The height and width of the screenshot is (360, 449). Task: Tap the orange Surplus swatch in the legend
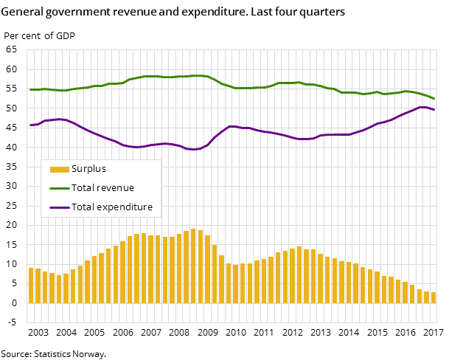pos(59,169)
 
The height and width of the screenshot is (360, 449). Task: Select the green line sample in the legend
pos(59,188)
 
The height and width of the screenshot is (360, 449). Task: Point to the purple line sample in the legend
pos(59,207)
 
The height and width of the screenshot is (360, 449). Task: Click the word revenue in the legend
pos(115,188)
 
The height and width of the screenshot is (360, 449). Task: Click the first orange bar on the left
pos(31,285)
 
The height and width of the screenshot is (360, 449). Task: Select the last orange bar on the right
pos(434,297)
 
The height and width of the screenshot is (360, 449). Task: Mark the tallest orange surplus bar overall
pos(193,266)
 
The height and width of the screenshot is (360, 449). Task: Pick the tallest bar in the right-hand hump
pos(299,274)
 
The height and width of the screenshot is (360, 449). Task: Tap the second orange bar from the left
pos(38,286)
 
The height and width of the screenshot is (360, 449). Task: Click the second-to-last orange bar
pos(426,297)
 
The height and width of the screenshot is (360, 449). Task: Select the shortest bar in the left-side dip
pos(59,289)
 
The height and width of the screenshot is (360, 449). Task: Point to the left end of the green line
pos(30,89)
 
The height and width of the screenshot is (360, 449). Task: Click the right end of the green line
pos(434,99)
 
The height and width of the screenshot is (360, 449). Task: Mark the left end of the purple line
pos(30,125)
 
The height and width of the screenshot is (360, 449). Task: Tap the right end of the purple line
pos(434,110)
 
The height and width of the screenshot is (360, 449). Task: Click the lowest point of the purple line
pos(193,150)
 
